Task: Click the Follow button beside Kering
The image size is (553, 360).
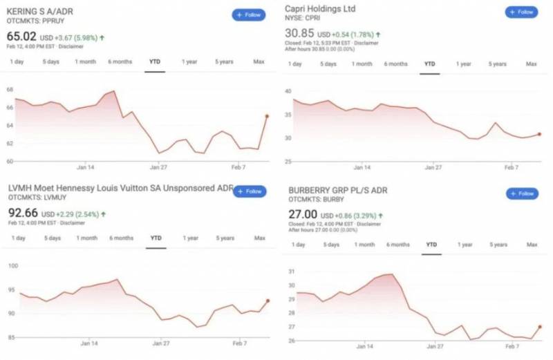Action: click(248, 15)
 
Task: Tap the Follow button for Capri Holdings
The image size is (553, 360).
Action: click(521, 12)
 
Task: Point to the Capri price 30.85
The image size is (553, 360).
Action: click(299, 33)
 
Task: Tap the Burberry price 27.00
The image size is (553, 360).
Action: click(301, 214)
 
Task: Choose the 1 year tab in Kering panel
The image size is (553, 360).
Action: click(189, 61)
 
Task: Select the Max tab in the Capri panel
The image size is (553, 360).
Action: click(532, 64)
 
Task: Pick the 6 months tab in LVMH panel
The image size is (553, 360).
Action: click(121, 238)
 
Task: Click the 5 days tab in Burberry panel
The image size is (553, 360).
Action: click(330, 245)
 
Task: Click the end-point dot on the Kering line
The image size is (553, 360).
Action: click(266, 116)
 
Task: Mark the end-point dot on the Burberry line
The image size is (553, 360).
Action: click(539, 327)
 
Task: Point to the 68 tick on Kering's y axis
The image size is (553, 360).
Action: click(10, 90)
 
